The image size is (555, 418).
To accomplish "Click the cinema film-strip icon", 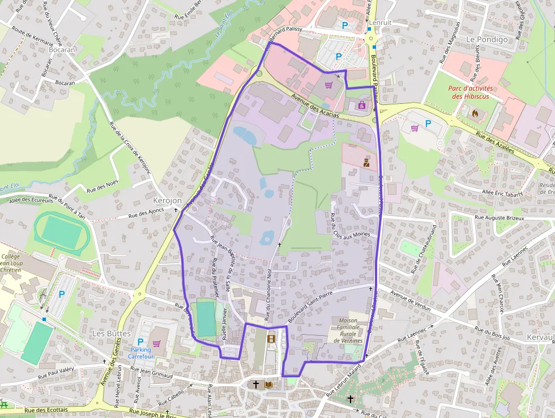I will point(271,339).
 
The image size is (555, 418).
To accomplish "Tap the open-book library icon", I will point(269,385).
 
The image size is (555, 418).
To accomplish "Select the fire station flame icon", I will point(475,112).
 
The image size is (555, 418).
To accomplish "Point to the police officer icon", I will point(366,162).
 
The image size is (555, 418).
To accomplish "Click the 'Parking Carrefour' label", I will point(141,353).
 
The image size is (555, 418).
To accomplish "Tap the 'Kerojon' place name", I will point(167,201).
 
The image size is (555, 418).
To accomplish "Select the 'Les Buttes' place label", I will point(111,333).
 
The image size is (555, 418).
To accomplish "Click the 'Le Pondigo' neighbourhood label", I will point(487,39).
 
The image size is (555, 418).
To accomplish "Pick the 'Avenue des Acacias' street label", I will point(315,106).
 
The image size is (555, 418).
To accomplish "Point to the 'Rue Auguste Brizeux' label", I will point(499,218).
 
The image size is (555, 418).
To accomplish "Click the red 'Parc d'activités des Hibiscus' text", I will point(471,92).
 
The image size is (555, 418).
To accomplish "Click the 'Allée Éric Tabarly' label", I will point(502,193).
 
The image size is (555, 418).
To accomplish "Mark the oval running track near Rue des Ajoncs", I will point(62,233).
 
